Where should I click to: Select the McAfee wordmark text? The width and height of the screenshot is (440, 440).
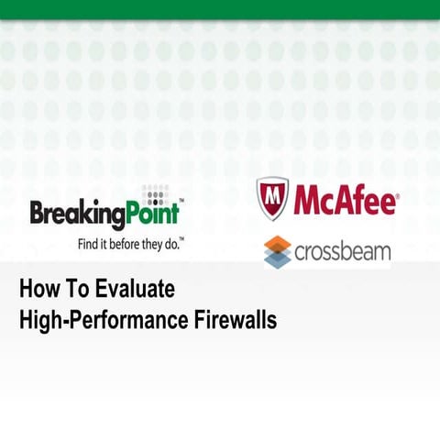pyautogui.click(x=344, y=199)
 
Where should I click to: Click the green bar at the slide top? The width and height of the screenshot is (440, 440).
pyautogui.click(x=220, y=9)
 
